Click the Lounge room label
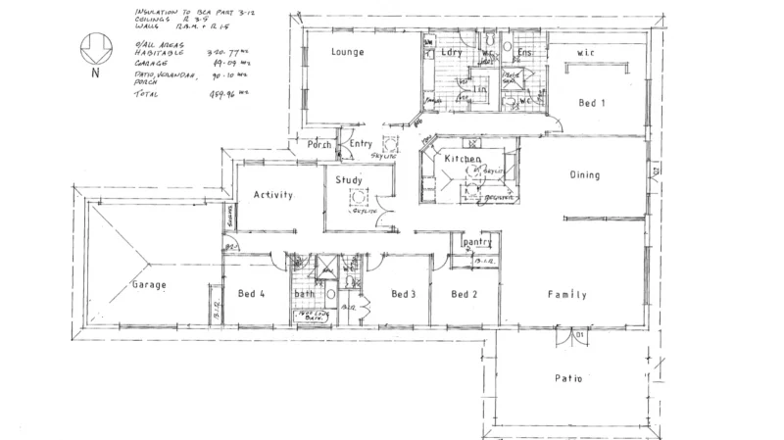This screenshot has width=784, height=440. [348, 52]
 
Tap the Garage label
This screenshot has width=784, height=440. [149, 285]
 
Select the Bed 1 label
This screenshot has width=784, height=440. [593, 103]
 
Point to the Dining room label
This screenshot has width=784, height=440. [584, 175]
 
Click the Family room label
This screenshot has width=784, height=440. [567, 294]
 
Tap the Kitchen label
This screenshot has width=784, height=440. [463, 159]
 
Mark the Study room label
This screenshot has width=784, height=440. [348, 181]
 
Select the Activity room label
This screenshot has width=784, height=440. [273, 195]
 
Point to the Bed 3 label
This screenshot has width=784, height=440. [405, 294]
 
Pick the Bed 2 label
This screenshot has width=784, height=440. [465, 294]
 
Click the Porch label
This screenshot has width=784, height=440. [319, 145]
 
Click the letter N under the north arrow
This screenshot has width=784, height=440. [94, 72]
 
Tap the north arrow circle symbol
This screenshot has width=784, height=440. [94, 45]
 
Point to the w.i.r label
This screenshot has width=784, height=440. [588, 52]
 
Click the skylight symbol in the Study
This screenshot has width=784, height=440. [359, 196]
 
